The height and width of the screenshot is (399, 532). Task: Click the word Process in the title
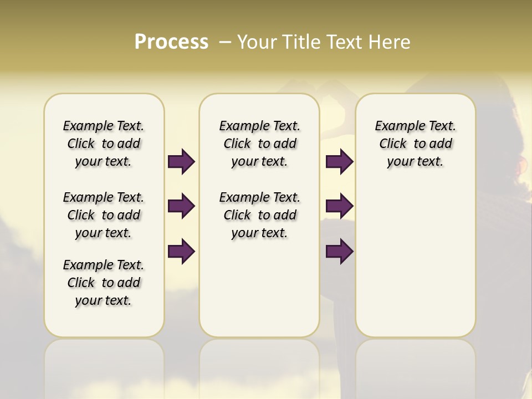(x=171, y=42)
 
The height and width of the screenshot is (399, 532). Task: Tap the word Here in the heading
(x=390, y=42)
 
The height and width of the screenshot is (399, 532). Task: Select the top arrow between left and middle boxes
(x=181, y=161)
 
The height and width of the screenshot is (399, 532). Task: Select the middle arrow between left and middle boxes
(x=181, y=206)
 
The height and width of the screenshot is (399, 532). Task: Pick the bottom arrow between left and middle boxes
(x=181, y=251)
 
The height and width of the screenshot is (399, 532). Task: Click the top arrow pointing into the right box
(x=339, y=161)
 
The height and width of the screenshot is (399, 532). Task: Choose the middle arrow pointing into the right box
(x=339, y=206)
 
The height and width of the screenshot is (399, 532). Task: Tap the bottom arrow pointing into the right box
(x=339, y=251)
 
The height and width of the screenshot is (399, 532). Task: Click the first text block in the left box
(x=104, y=144)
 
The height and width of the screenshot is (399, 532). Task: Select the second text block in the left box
(x=104, y=215)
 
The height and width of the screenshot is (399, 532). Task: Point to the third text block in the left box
(x=104, y=283)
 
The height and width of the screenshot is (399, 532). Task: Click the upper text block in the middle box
(x=259, y=144)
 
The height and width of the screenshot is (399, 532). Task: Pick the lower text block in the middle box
(x=259, y=215)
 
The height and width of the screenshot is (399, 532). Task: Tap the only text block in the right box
(x=415, y=144)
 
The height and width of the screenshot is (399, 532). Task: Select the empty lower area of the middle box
(x=259, y=288)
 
